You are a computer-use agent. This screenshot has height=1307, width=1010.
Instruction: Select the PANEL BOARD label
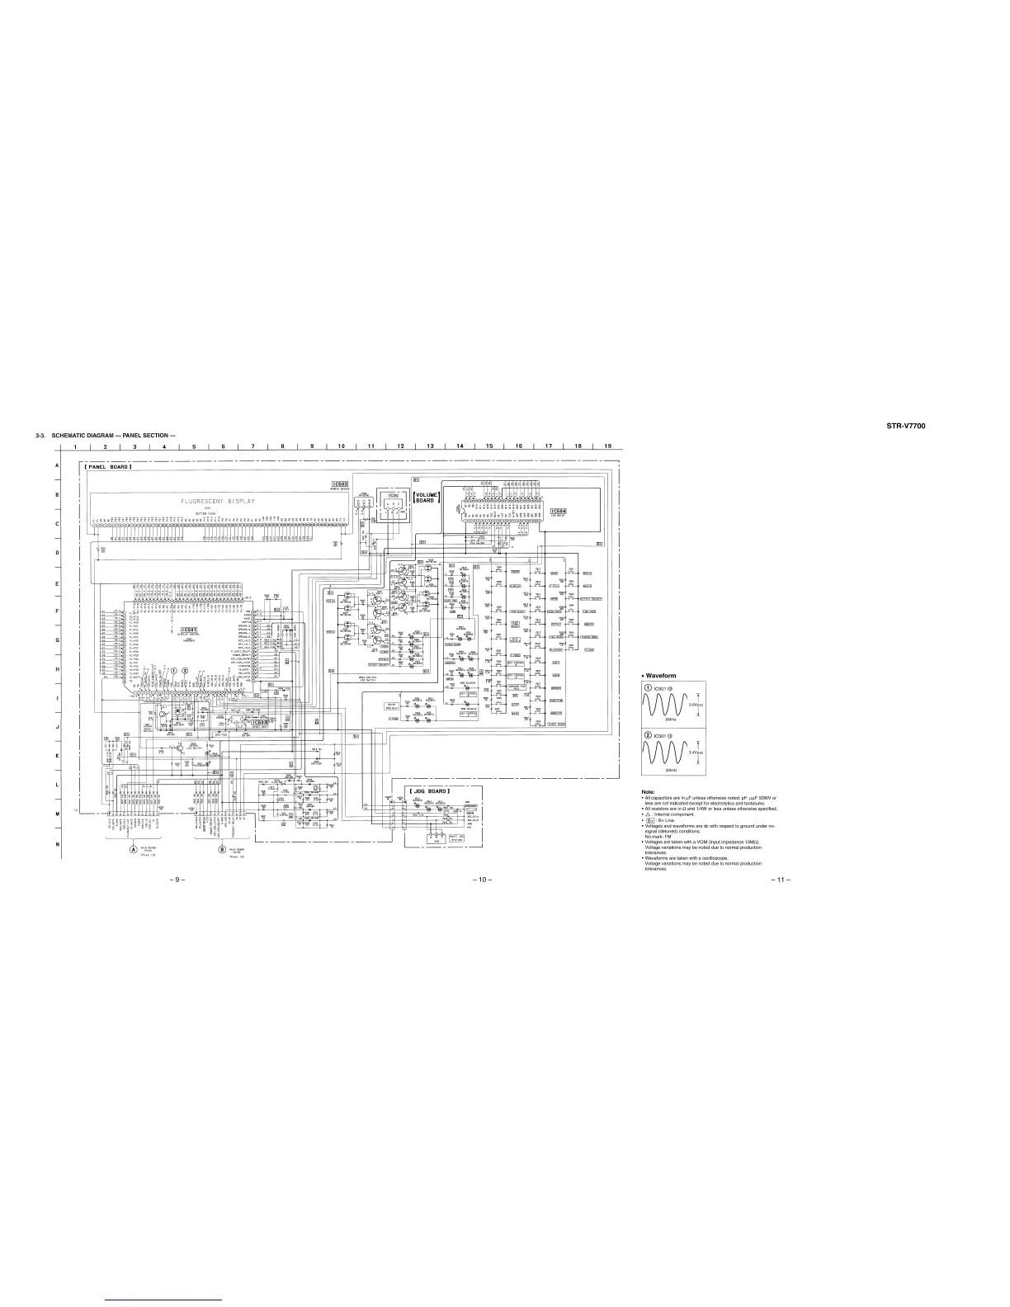tap(108, 467)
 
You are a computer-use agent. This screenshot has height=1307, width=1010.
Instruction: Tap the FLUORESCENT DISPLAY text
tap(219, 501)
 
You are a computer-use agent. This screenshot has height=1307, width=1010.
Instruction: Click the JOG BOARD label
tap(429, 791)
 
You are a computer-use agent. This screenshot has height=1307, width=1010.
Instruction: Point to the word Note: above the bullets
tap(649, 791)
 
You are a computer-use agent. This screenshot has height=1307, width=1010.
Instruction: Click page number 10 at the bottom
tap(482, 879)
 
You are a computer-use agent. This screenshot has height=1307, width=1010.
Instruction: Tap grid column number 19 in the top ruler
tap(606, 446)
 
